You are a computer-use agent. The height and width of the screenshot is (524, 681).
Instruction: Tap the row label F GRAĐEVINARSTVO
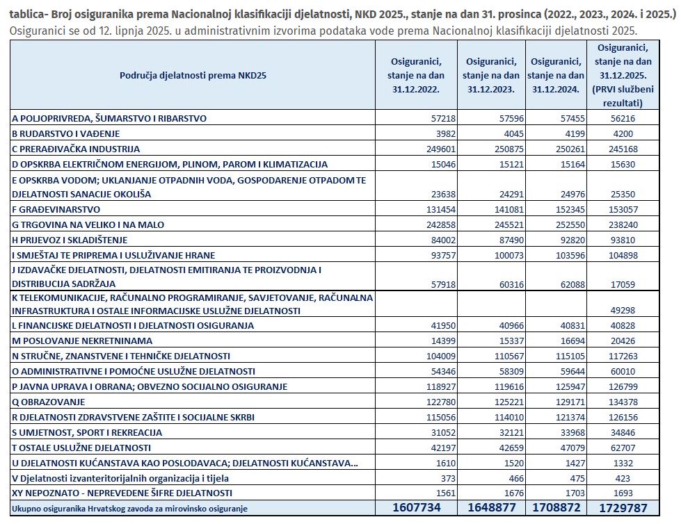(56, 209)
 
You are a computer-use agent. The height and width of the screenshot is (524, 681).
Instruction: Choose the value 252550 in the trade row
(568, 224)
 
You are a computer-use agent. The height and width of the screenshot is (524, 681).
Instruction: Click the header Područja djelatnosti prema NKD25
(193, 75)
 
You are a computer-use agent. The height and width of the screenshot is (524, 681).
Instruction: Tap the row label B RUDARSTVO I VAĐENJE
(66, 134)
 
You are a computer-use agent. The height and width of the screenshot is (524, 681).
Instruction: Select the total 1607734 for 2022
(417, 508)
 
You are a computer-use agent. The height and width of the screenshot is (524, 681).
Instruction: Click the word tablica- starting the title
(28, 15)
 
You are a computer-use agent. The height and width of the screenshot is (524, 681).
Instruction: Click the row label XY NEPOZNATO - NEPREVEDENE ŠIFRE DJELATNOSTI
(122, 493)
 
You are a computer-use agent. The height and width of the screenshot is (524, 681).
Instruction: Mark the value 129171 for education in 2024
(568, 402)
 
